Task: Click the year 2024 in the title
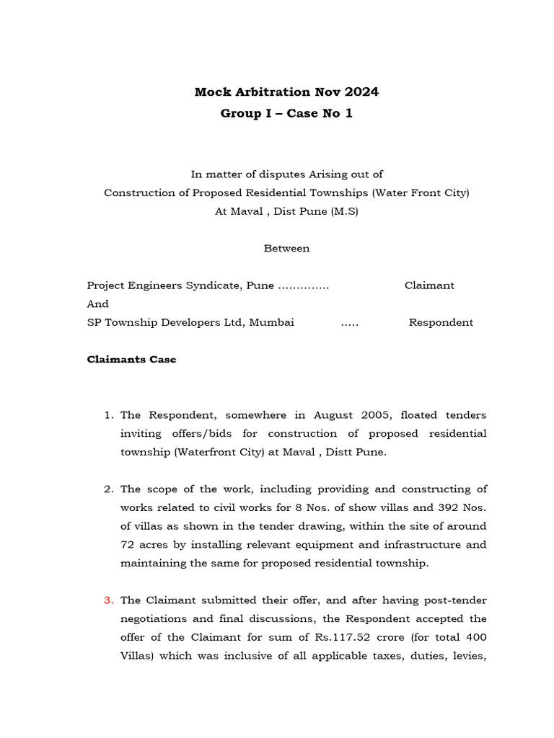(361, 92)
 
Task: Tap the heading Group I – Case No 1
(286, 114)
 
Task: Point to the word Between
(286, 248)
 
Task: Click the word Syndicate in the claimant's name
(210, 285)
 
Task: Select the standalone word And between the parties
(97, 304)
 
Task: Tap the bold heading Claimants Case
(131, 360)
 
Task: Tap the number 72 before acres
(127, 545)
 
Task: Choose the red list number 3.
(109, 600)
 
